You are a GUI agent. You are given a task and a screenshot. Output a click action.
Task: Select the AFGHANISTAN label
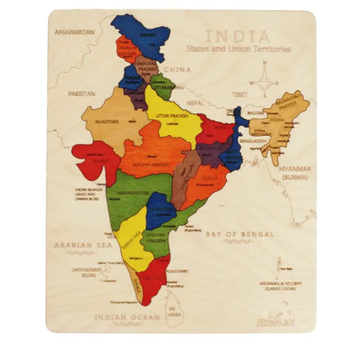click(x=74, y=32)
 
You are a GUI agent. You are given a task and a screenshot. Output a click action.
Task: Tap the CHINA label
click(x=177, y=68)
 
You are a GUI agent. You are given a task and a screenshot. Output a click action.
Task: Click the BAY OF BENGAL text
click(x=235, y=233)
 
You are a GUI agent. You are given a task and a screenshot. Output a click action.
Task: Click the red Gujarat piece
click(x=93, y=160)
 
